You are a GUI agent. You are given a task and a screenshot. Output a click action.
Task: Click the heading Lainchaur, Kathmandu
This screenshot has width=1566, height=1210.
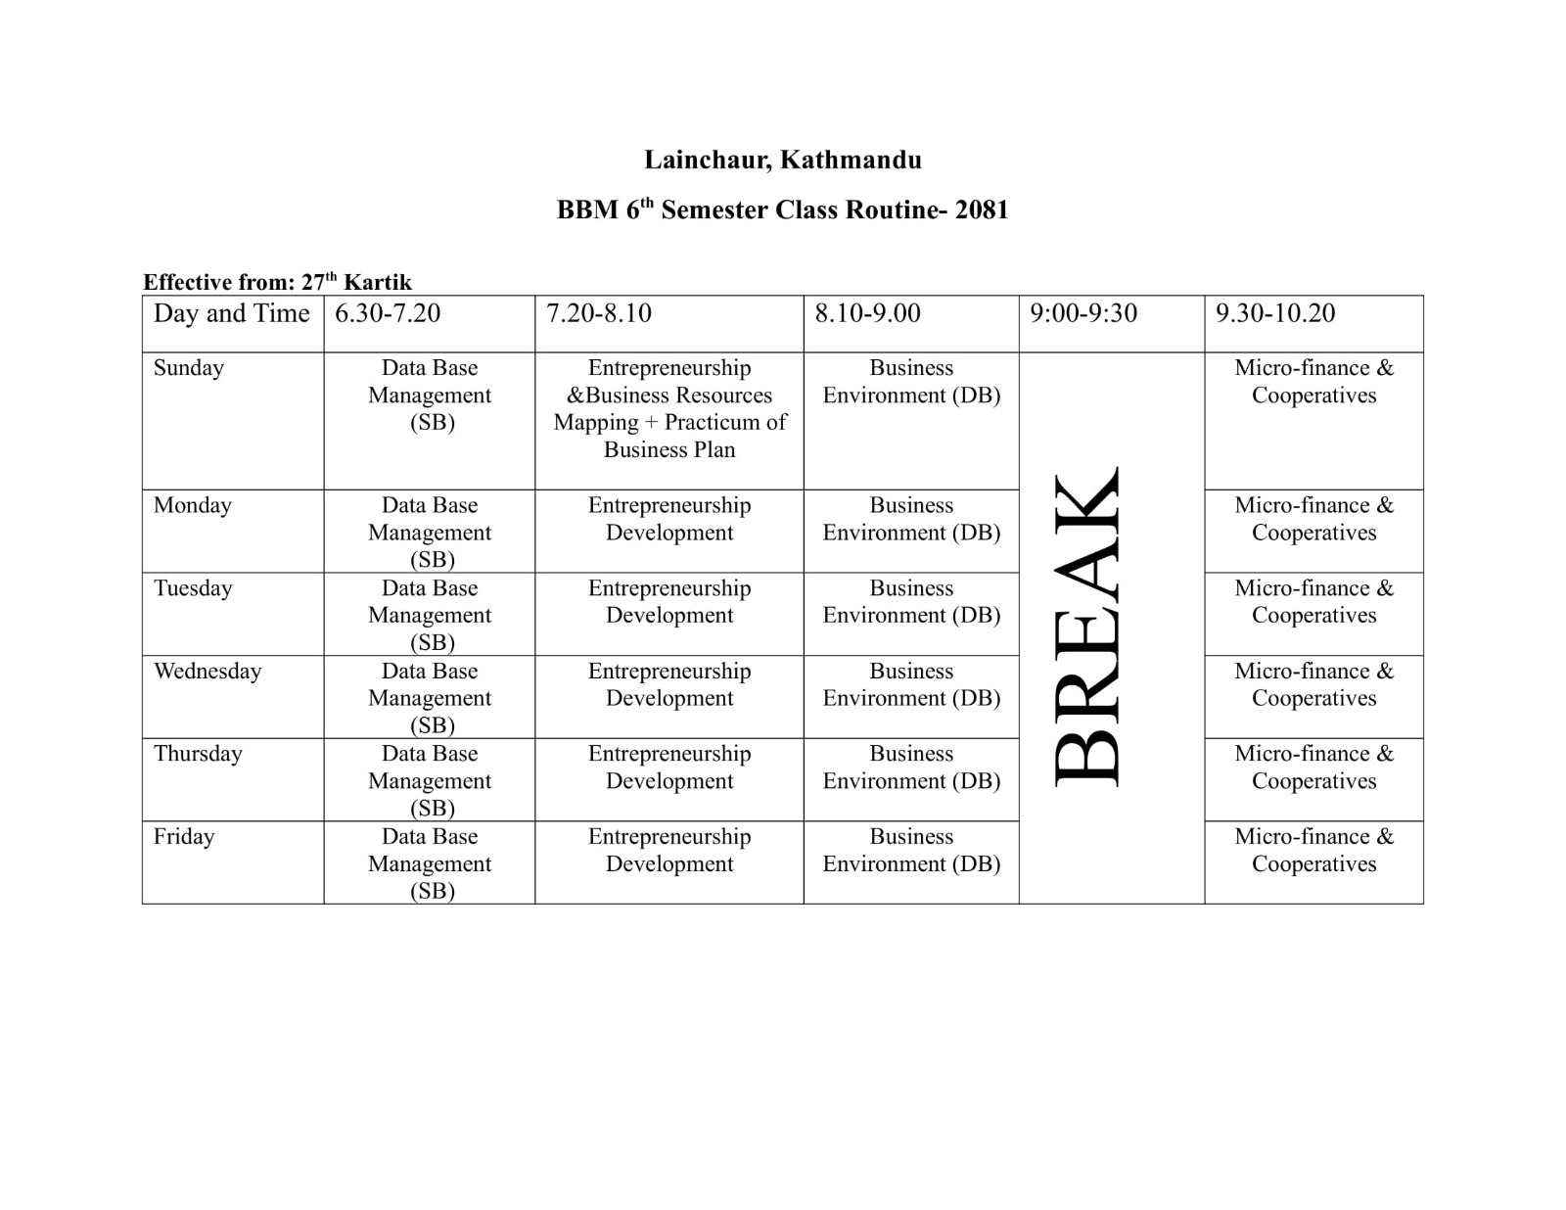point(782,160)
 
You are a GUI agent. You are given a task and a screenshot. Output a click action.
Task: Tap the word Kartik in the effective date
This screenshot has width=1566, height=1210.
point(377,283)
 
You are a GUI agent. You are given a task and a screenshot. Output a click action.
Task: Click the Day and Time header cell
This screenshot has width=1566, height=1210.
point(231,313)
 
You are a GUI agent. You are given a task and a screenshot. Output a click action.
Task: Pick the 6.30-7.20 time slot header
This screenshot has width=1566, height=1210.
point(388,313)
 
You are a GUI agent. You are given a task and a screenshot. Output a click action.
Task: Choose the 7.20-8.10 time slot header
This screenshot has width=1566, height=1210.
point(599,313)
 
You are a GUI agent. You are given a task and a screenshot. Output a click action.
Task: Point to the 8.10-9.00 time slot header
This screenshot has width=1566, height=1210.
point(867,313)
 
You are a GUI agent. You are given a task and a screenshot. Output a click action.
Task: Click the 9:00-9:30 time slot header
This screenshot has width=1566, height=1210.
point(1083,313)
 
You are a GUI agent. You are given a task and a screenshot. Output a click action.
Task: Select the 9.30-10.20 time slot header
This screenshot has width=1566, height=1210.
point(1275,313)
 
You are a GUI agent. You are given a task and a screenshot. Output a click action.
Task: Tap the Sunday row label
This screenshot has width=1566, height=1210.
point(189,368)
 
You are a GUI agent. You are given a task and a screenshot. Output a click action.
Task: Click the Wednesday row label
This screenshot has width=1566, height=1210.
point(207,672)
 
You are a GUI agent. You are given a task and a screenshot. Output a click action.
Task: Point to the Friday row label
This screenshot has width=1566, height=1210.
point(184,837)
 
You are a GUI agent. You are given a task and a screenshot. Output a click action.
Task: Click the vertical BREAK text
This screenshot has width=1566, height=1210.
point(1087,627)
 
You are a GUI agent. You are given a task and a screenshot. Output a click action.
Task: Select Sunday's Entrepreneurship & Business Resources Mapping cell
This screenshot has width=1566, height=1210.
point(669,409)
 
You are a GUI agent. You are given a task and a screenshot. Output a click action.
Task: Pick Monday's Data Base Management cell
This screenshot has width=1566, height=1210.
point(430,533)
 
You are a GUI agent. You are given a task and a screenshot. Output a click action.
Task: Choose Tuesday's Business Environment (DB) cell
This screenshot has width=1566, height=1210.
point(911,602)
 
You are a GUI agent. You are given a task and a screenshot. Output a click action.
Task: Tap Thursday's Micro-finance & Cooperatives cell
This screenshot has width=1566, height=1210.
point(1313,768)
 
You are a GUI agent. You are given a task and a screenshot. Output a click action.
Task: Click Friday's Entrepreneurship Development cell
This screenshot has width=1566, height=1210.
point(669,851)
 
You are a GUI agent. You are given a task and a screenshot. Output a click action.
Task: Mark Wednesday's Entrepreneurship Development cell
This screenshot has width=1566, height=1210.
point(669,685)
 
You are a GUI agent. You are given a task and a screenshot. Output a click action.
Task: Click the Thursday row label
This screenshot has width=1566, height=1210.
point(198,754)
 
